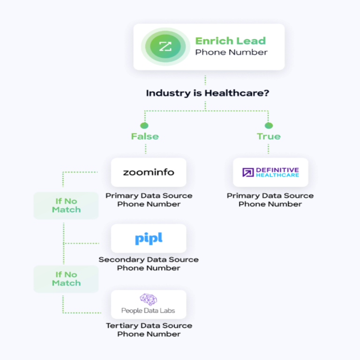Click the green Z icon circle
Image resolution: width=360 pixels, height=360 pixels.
[x=165, y=46]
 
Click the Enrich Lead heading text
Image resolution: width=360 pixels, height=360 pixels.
[x=230, y=41]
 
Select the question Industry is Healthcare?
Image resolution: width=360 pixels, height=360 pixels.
[x=207, y=93]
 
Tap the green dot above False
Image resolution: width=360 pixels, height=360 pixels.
[x=144, y=125]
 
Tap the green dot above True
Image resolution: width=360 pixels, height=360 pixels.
[x=269, y=125]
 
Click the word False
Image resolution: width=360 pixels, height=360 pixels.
[x=144, y=136]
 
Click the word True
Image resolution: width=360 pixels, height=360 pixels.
[x=269, y=136]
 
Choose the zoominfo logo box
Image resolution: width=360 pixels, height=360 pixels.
[x=149, y=172]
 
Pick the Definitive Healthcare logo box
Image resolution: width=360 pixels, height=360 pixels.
[x=270, y=172]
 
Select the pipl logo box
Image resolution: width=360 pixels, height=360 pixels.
[x=149, y=238]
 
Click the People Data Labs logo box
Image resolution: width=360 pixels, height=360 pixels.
[x=149, y=304]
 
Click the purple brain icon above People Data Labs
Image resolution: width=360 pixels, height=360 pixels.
[x=148, y=300]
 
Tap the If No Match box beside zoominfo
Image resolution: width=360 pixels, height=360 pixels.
[x=66, y=205]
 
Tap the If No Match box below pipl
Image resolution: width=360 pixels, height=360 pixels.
[x=66, y=279]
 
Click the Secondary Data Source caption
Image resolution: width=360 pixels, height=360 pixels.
[x=149, y=259]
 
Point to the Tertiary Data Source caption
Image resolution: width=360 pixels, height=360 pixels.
[x=149, y=325]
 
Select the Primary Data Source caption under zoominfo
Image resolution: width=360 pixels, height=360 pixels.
[x=149, y=195]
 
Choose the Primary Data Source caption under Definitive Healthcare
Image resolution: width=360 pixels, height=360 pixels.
[x=270, y=195]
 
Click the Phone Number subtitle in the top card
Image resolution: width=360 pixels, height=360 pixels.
[x=231, y=52]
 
